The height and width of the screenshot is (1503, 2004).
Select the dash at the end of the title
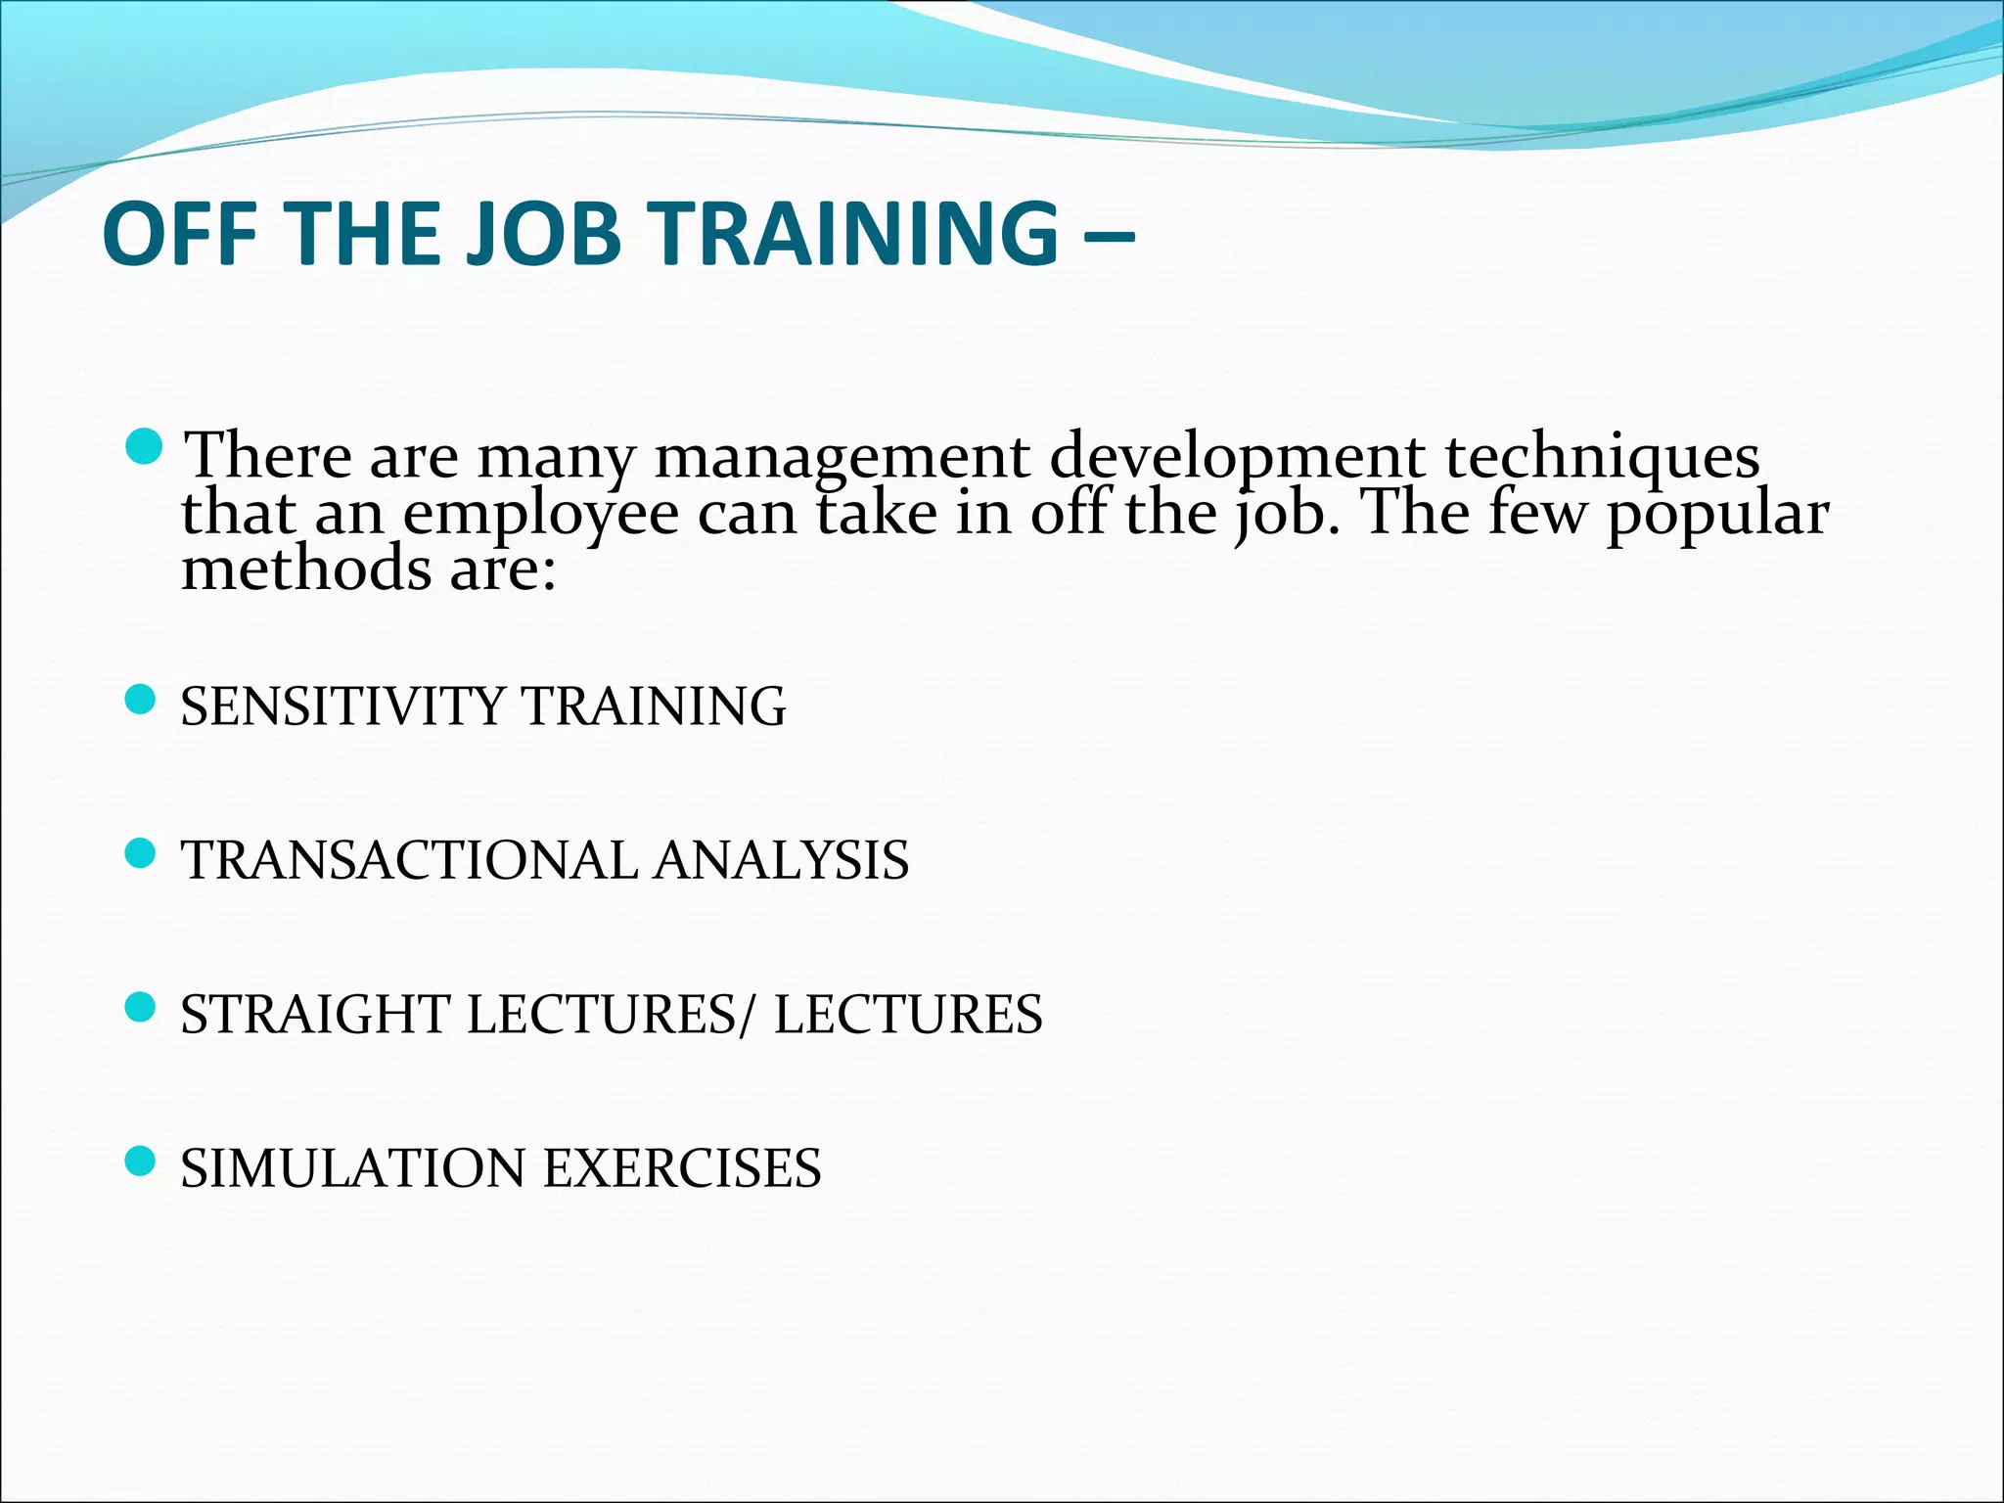click(x=1110, y=235)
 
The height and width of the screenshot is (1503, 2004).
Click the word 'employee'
click(x=541, y=515)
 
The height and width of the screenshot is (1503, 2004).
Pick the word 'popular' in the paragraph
click(x=1717, y=515)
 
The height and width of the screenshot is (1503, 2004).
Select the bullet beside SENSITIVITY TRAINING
click(x=143, y=700)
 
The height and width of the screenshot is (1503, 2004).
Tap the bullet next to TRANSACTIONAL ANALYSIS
click(x=143, y=854)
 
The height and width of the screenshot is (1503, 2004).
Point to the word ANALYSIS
click(x=782, y=861)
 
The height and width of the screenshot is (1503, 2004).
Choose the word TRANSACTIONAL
click(x=409, y=861)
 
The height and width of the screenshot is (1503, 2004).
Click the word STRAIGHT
click(x=314, y=1015)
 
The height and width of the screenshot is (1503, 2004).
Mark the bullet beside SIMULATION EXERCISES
click(x=143, y=1161)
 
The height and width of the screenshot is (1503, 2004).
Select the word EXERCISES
click(x=682, y=1168)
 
